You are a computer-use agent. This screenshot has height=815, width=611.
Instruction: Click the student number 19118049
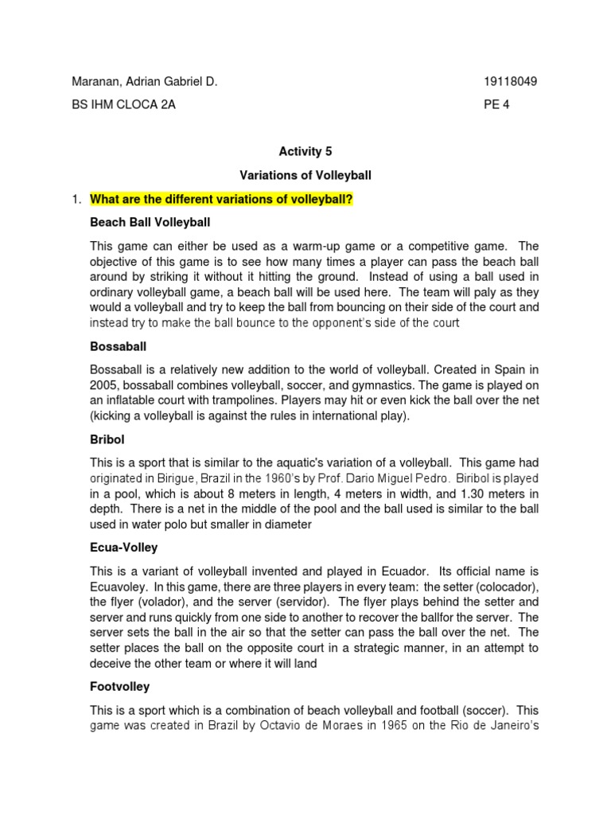(x=510, y=82)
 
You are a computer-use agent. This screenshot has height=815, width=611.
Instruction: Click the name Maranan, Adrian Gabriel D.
(x=144, y=82)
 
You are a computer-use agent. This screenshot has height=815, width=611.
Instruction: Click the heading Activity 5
(x=300, y=151)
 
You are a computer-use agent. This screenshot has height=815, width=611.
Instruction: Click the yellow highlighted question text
(x=221, y=199)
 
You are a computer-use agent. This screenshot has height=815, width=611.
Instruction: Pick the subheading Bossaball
(x=118, y=347)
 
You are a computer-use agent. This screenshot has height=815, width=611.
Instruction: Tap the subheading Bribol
(x=107, y=439)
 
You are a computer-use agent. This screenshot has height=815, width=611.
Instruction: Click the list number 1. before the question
(x=77, y=199)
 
